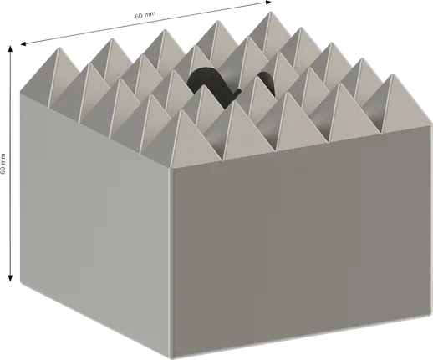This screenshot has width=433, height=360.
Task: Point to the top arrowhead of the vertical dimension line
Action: pos(10,48)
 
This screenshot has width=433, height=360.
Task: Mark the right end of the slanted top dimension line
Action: pos(264,4)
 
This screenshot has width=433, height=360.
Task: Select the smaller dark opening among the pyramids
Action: pos(267,81)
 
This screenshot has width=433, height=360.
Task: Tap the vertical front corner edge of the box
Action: pos(171,259)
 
